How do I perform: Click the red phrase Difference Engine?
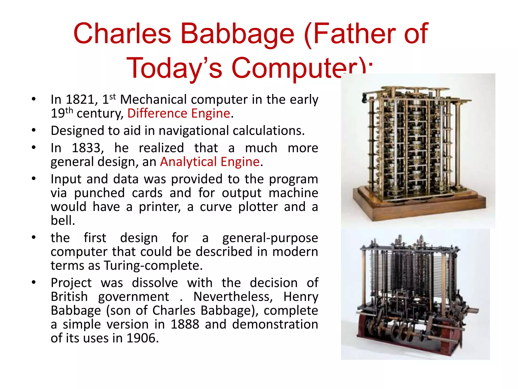[x=179, y=113]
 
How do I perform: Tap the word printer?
[x=160, y=207]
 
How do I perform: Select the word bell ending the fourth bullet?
[x=62, y=221]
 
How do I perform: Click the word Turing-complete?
[x=153, y=266]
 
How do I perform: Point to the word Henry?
[x=300, y=297]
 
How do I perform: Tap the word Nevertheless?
[x=233, y=297]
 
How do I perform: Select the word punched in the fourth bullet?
[x=99, y=193]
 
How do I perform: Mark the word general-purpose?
[x=270, y=238]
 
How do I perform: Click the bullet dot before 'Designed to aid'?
[x=34, y=130]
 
